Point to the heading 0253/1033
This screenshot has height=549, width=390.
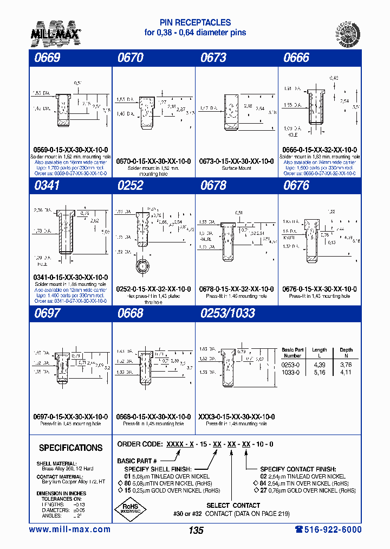227,314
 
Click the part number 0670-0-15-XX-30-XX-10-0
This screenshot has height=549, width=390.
153,161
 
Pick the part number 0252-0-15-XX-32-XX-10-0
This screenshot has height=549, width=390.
153,289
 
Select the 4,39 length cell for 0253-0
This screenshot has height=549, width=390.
319,365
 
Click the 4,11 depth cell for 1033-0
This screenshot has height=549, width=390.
346,373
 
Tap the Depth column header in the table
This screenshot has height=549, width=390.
346,350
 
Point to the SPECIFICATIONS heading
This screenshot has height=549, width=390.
70,448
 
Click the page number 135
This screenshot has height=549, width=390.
196,531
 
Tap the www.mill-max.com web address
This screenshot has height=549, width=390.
69,529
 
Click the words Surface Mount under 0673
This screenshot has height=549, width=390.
237,168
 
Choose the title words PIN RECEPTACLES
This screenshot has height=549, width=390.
195,23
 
